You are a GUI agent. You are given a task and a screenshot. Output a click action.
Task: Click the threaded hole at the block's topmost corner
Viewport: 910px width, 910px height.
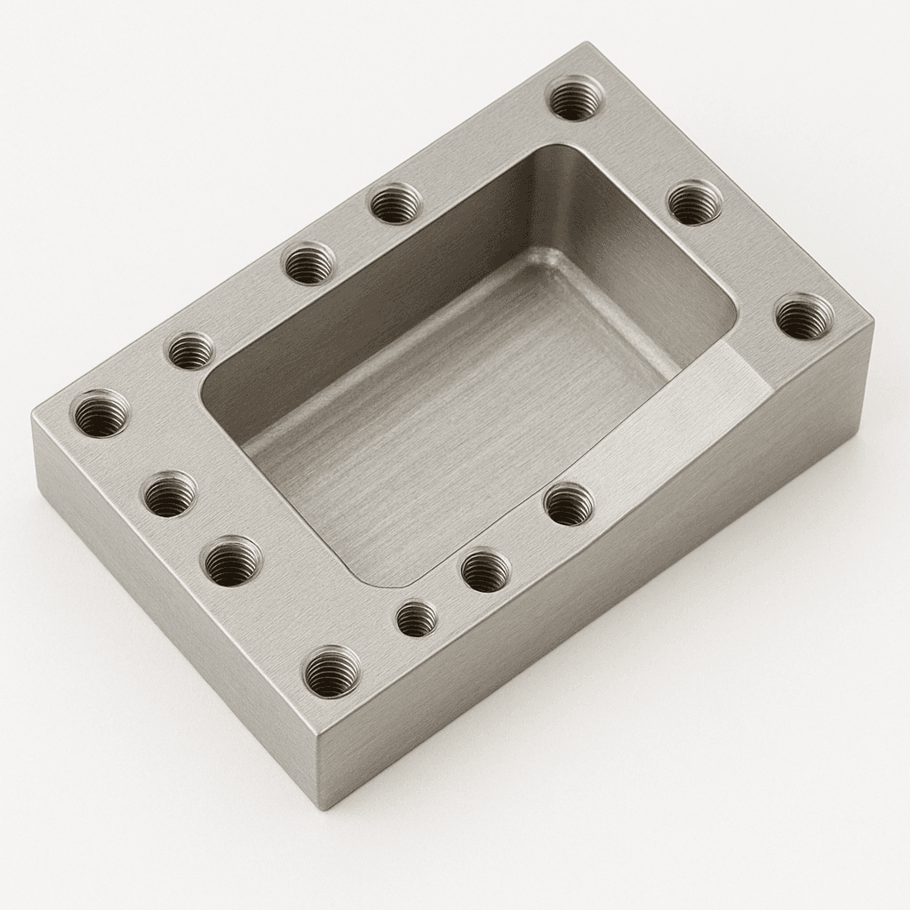click(x=575, y=98)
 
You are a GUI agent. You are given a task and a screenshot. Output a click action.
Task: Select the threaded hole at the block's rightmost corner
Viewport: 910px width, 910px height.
click(x=804, y=316)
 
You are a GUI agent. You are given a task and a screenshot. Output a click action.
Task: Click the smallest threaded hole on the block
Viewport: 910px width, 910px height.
click(x=417, y=619)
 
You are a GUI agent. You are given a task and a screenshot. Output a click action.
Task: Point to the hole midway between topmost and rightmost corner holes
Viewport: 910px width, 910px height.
click(x=694, y=203)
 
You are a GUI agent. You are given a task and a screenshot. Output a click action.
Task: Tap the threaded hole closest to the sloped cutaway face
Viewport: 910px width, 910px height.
click(x=569, y=504)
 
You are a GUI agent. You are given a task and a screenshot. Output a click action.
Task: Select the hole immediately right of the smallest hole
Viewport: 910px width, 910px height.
click(x=485, y=570)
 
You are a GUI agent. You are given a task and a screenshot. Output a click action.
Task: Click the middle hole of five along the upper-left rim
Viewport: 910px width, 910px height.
click(x=308, y=263)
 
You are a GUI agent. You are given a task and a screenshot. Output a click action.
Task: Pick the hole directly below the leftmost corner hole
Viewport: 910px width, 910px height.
click(x=170, y=494)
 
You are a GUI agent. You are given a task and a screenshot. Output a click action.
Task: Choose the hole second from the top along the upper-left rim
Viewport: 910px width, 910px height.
click(x=395, y=204)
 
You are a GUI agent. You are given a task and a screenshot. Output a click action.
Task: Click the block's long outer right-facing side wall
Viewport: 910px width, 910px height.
click(x=604, y=604)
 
